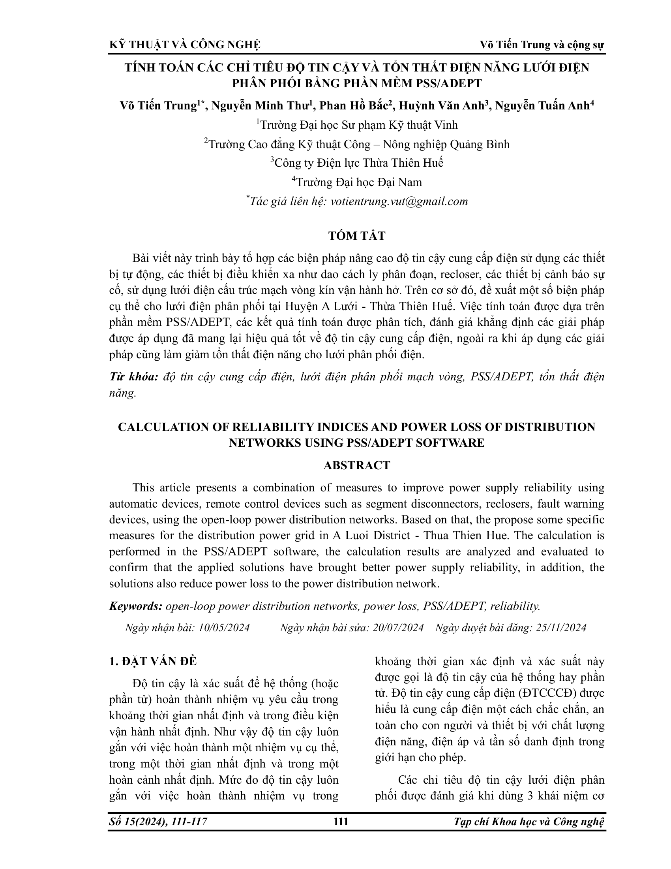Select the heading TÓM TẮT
tap(356, 236)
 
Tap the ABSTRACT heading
tap(356, 465)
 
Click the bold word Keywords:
tap(135, 606)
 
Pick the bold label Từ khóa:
tap(133, 377)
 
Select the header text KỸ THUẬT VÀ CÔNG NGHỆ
tap(185, 45)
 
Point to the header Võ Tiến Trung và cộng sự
tap(542, 45)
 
